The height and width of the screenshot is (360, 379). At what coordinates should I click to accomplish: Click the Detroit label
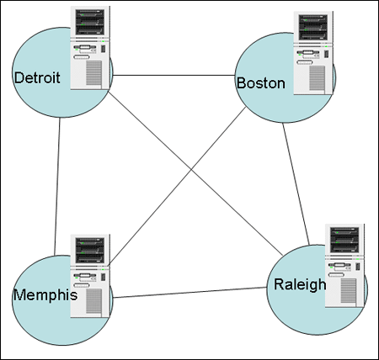pos(37,77)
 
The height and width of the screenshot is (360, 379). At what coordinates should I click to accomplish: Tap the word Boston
pos(261,83)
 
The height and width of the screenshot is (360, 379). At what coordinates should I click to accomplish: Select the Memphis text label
pos(45,295)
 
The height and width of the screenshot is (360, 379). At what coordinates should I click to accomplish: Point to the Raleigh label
pos(300,284)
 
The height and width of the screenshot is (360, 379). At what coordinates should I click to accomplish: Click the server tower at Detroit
pos(90,48)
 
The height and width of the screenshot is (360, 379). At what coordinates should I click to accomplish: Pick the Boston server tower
pos(313,53)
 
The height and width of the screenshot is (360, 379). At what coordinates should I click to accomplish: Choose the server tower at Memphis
pos(90,276)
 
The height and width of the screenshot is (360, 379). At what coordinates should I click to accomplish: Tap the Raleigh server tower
pos(344,266)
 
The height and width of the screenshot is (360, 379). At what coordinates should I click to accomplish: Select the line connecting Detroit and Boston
pos(173,75)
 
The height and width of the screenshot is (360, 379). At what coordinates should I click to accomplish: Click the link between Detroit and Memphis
pos(57,187)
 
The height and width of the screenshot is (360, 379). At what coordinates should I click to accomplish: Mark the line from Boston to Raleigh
pos(296,184)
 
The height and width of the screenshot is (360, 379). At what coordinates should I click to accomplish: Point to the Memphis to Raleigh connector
pos(189,293)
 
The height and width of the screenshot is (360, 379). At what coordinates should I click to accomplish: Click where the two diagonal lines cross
pos(192,169)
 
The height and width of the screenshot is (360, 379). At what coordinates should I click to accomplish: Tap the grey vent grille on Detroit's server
pos(93,72)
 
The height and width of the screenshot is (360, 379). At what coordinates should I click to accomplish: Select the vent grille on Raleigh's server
pos(349,291)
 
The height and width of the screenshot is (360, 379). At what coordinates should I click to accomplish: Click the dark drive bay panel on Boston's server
pos(313,27)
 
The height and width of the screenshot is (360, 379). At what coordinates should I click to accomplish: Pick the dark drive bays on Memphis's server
pos(90,251)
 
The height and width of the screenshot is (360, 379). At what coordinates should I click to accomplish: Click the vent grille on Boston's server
pos(318,78)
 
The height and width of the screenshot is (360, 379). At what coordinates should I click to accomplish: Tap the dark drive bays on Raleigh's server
pos(344,241)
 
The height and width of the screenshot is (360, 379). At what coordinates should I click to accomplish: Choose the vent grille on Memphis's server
pos(93,301)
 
